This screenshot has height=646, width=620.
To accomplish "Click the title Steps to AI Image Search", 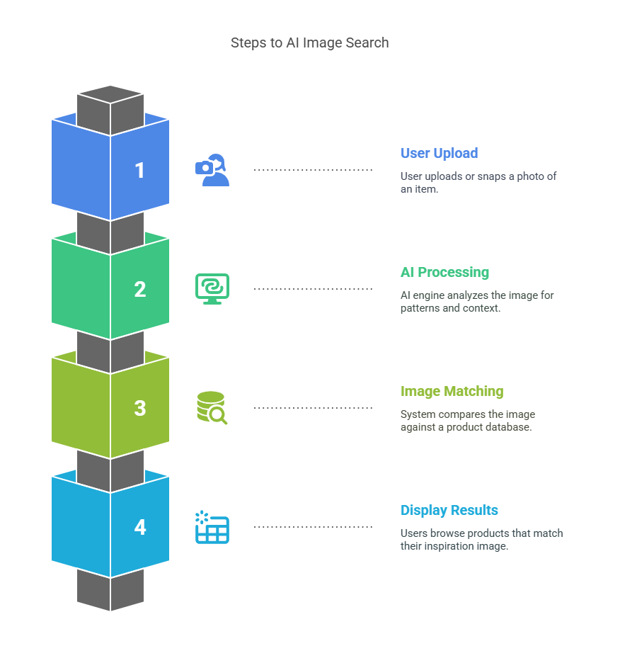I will point(309,42).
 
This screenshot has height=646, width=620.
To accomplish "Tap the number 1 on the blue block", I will point(140,171).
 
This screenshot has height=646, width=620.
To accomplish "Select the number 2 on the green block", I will point(140,290).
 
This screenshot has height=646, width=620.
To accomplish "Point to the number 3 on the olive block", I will point(140,409).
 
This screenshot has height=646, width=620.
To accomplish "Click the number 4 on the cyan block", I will point(140,528).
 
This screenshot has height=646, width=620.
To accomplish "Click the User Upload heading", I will point(439,153).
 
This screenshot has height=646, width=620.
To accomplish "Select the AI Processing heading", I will point(444,272).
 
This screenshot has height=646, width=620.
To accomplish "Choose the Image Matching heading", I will point(452,391).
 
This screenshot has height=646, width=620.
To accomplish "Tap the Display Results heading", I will point(449,510).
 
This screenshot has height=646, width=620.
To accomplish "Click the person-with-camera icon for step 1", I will point(212,170).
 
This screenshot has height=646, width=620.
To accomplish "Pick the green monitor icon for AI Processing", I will point(212,289).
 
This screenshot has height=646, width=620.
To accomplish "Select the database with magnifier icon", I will point(212,408).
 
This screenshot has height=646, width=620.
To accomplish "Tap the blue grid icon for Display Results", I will point(212,528).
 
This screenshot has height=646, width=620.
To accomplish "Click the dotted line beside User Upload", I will point(313,170).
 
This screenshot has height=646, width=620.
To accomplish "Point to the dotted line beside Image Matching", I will point(313,408).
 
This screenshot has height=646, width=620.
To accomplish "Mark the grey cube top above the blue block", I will point(110,94).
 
